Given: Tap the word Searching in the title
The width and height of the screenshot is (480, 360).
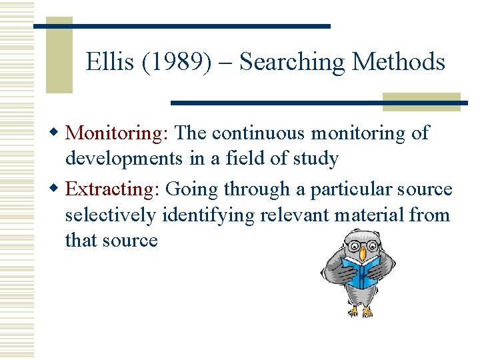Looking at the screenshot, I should pos(292,62).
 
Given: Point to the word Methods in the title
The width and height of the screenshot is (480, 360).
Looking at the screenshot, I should pos(398,62).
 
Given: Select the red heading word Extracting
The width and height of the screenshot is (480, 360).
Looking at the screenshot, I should pos(110,189).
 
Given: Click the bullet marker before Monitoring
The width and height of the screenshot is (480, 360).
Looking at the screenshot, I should pos(58,133).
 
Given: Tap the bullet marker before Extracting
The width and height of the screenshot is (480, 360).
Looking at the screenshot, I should pos(58,189).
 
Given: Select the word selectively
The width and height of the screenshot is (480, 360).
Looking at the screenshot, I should pos(110,215).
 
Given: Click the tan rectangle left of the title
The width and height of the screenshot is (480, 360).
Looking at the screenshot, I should pos(59,57).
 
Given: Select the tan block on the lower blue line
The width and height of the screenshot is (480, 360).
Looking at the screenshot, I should pos(421,102).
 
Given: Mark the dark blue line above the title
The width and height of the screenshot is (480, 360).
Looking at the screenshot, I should pos(181,26).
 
